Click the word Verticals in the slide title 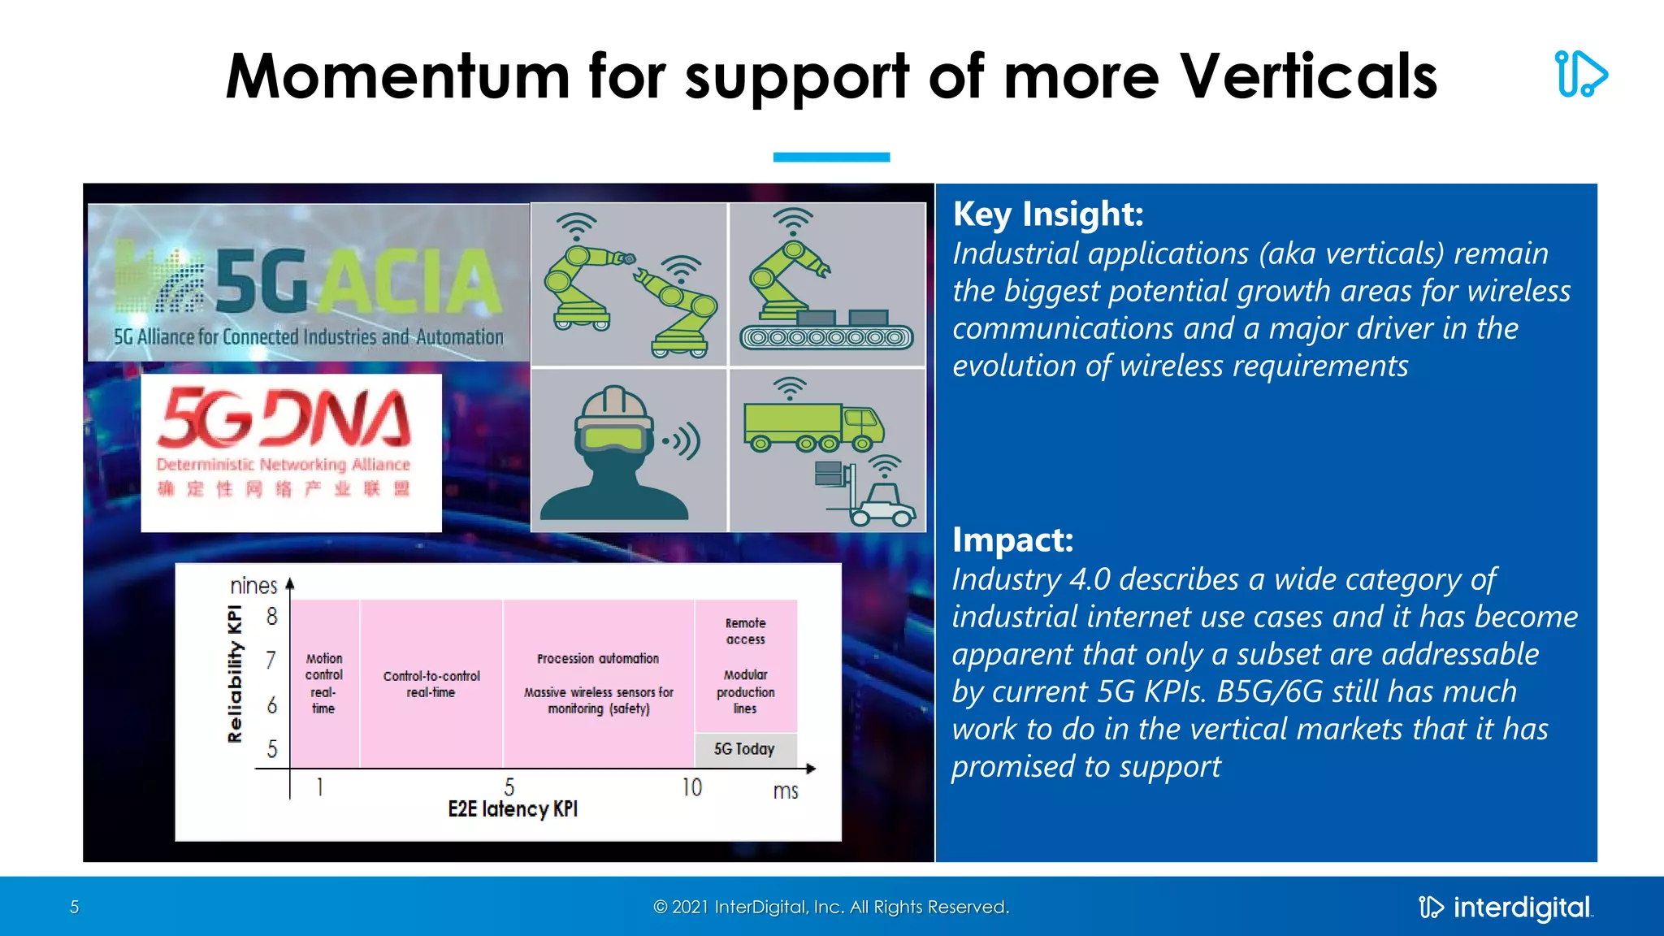click(x=1307, y=76)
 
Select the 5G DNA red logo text click(x=284, y=418)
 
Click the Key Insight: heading click(x=1048, y=214)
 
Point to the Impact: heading click(x=1012, y=540)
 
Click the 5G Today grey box click(x=745, y=749)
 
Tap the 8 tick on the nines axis click(x=271, y=617)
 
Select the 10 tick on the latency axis click(x=691, y=787)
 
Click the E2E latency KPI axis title click(x=513, y=809)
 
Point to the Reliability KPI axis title click(x=235, y=674)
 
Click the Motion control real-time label click(x=324, y=683)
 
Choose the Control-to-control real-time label click(x=431, y=684)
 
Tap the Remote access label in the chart click(x=745, y=631)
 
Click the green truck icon click(x=812, y=426)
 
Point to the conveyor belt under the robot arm click(x=826, y=336)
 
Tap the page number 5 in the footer click(x=74, y=908)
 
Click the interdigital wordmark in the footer click(x=1521, y=908)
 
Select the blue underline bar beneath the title click(x=831, y=157)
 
